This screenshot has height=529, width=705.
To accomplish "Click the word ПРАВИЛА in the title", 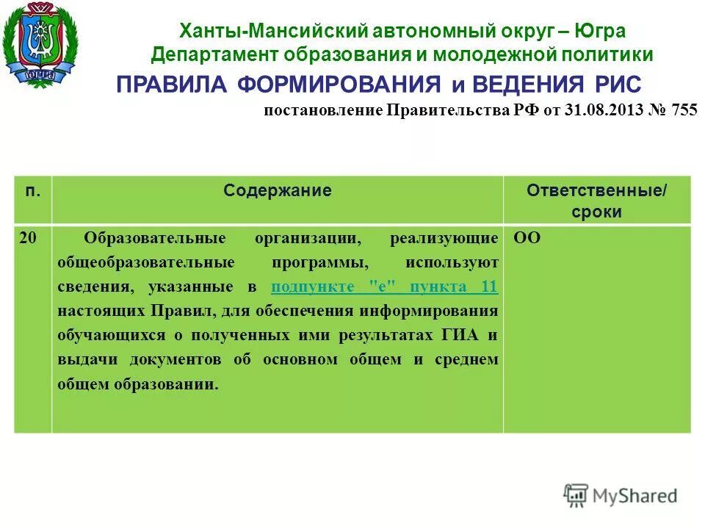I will coord(173,84).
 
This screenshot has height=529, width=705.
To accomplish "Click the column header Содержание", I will coord(278,191).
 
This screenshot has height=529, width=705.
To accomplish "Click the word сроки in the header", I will coord(597,212).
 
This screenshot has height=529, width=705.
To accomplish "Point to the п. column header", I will coord(32,191).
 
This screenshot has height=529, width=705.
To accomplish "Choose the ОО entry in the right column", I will coord(525,238).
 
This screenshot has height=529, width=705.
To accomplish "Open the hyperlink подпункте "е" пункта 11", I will coord(384,287).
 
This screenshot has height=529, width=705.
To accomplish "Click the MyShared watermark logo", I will coord(621,496).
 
